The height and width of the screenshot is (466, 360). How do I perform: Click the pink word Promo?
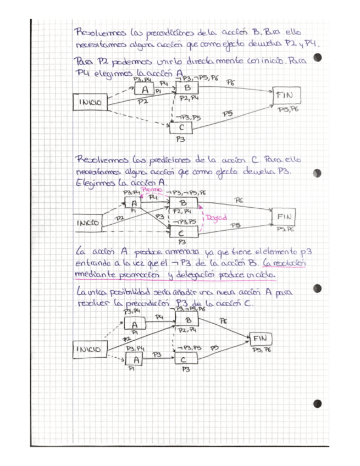click(x=152, y=190)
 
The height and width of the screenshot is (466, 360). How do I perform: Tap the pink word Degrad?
click(x=217, y=218)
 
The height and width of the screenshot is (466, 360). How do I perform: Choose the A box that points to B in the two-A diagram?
click(x=134, y=325)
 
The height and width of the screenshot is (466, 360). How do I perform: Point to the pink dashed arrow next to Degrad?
click(x=202, y=218)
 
